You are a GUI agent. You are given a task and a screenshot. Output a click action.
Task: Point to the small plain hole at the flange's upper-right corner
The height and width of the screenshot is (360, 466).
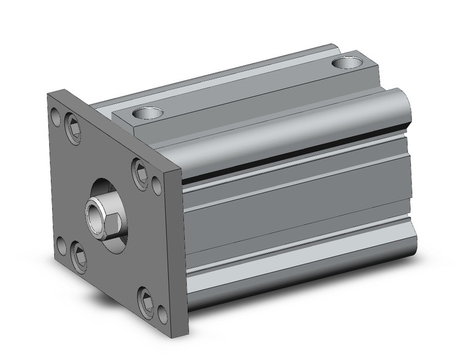pos(157,182)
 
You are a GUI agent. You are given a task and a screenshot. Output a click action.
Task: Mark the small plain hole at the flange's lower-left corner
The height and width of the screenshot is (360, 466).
pos(61,247)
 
